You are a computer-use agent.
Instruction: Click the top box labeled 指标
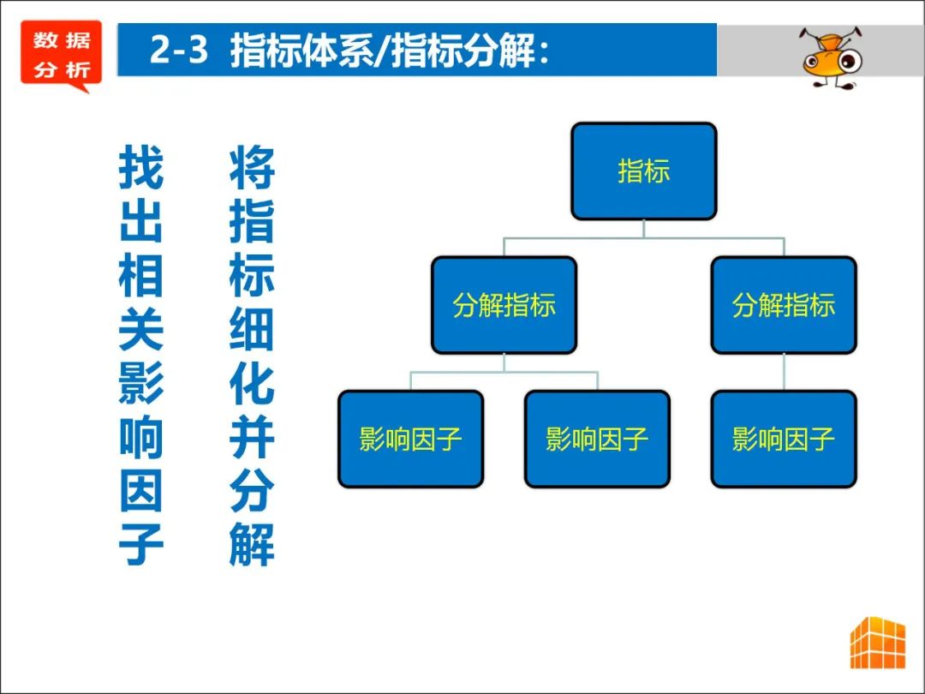click(x=643, y=171)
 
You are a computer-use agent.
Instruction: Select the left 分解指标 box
click(x=504, y=305)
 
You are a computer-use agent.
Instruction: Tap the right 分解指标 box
click(x=783, y=305)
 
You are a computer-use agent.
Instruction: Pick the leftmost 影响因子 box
click(x=410, y=439)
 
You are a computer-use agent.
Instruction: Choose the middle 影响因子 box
click(x=597, y=439)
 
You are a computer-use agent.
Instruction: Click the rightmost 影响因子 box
click(x=783, y=439)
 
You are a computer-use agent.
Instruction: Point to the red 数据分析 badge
click(x=61, y=54)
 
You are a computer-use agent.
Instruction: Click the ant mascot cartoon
click(x=829, y=57)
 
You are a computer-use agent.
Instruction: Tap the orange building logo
click(x=877, y=642)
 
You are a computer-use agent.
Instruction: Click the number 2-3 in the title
click(x=178, y=51)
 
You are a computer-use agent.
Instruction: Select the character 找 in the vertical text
click(x=141, y=167)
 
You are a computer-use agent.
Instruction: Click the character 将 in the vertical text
click(x=252, y=167)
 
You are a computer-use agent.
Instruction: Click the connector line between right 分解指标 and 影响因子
click(x=784, y=372)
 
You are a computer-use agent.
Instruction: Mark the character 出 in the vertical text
click(x=141, y=220)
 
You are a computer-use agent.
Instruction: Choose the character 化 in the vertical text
click(x=252, y=381)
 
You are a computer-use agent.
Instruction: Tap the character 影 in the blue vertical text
click(x=141, y=381)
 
